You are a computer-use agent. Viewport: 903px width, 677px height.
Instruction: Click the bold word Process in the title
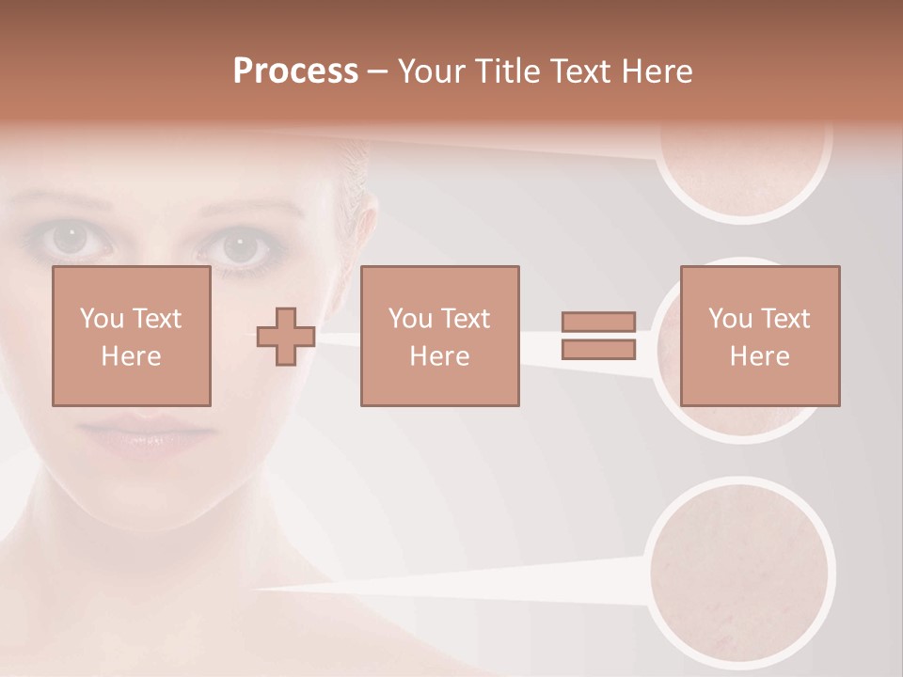point(295,71)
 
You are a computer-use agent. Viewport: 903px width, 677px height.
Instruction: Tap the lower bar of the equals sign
point(598,350)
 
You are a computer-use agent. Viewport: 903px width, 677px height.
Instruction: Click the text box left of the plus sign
point(131,336)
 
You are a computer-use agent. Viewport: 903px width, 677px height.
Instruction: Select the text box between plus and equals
point(439,336)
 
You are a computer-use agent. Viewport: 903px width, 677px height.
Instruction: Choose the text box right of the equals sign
point(759,336)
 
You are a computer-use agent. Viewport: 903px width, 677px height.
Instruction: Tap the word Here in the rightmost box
point(759,356)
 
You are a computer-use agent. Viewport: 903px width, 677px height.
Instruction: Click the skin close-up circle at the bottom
point(743,569)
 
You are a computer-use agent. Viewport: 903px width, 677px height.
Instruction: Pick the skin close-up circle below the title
point(743,165)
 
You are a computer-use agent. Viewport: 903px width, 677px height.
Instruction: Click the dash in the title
point(378,71)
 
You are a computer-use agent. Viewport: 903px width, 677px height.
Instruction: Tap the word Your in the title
point(432,71)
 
